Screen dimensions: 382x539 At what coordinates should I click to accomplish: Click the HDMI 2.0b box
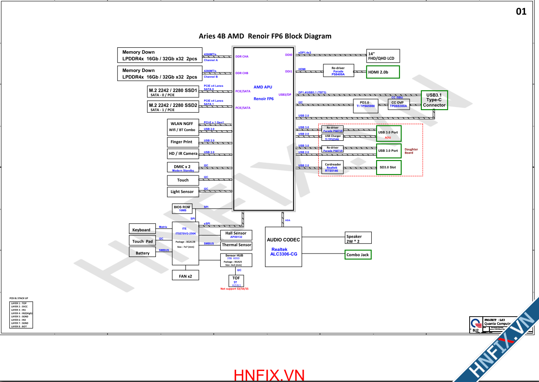383,72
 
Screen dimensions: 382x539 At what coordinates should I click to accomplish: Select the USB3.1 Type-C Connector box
434,100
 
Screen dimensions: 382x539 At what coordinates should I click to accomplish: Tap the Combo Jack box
358,255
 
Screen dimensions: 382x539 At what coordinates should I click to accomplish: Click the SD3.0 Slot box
388,168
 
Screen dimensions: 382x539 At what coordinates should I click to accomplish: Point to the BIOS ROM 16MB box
182,208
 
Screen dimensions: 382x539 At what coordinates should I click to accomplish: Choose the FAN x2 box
185,276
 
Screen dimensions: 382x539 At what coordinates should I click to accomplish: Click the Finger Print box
182,142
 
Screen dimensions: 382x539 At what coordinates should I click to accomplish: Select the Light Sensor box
182,192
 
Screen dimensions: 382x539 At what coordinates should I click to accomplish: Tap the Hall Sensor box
236,235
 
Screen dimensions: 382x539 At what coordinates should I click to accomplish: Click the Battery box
142,253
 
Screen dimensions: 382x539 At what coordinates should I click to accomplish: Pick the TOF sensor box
236,281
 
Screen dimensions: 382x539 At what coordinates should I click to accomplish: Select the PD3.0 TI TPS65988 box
366,104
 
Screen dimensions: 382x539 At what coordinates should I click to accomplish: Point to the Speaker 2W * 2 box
358,239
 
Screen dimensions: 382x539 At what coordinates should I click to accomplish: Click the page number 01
521,12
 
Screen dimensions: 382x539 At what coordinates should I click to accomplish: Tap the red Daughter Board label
411,151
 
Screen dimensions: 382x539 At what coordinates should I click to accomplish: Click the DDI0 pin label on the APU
288,55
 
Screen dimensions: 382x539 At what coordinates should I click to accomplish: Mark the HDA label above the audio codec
287,220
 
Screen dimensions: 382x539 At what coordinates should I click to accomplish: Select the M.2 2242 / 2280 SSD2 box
173,107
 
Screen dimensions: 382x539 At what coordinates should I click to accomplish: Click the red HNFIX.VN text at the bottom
269,375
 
